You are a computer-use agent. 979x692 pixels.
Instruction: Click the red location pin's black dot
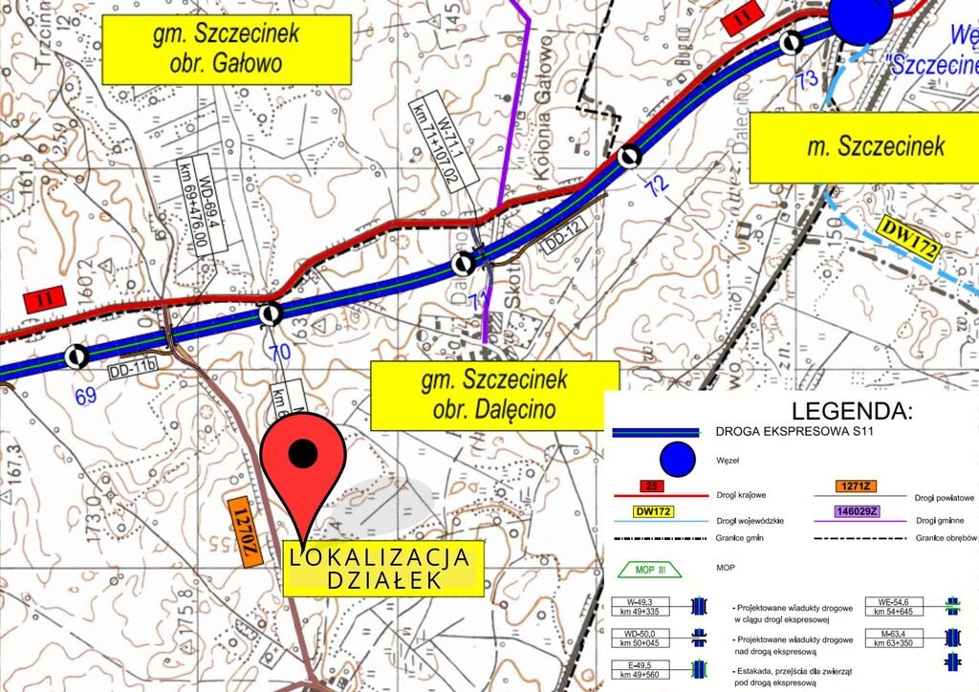[x=303, y=453]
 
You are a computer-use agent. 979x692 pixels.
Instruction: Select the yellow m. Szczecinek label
[x=863, y=146]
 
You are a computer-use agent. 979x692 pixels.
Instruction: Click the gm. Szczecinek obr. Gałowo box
[x=226, y=49]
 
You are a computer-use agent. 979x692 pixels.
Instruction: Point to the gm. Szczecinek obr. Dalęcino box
[x=493, y=395]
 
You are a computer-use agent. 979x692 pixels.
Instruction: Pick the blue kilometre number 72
[x=656, y=187]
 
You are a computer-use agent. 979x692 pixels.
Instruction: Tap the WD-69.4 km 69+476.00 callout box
[x=200, y=203]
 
